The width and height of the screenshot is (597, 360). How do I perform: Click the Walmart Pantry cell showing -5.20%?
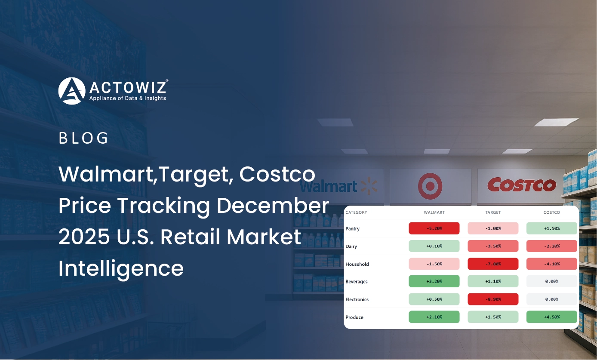click(434, 228)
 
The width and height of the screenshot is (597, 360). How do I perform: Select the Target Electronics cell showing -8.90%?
click(493, 299)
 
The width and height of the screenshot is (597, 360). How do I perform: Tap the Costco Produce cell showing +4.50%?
click(551, 317)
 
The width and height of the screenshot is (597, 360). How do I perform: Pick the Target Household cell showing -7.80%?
click(493, 264)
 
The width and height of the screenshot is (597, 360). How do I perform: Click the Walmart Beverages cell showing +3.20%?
click(434, 281)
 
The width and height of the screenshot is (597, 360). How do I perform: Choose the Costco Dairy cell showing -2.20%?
click(551, 246)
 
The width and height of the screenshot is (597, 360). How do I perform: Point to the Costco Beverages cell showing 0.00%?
click(551, 281)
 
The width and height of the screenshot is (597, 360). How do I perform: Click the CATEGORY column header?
click(356, 212)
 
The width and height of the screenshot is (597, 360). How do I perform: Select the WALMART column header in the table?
click(434, 212)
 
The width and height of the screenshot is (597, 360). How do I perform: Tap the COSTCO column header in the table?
click(552, 212)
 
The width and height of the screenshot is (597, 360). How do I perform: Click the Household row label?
click(357, 264)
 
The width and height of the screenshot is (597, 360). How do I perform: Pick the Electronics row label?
click(357, 299)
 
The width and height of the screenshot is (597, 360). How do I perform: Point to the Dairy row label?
click(351, 246)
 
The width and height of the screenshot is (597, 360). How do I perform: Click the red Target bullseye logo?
click(430, 186)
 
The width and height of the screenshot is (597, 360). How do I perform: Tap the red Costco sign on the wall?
click(522, 185)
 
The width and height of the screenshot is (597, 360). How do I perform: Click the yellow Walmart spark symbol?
click(369, 186)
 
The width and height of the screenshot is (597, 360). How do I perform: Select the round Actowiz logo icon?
click(72, 91)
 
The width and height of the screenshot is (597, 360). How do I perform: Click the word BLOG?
click(83, 138)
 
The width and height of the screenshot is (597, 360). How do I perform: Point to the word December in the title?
click(273, 206)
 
